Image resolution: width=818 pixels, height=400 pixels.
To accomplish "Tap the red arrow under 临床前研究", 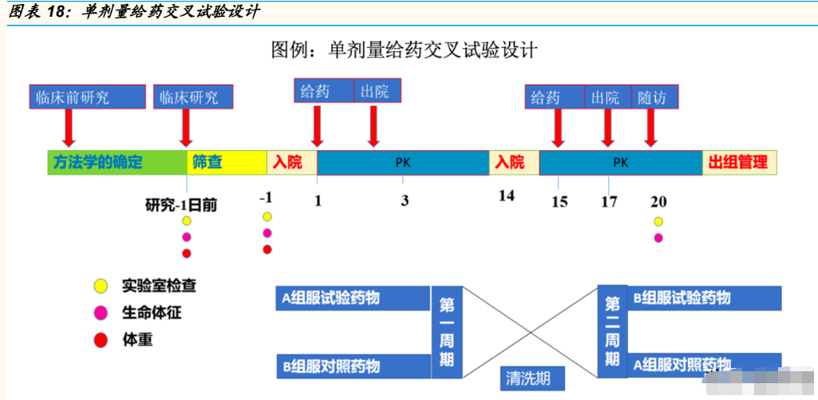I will tap(69, 126).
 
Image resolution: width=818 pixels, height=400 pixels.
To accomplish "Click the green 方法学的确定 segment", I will tap(117, 162).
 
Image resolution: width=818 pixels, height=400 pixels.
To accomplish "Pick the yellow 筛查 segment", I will tap(226, 162).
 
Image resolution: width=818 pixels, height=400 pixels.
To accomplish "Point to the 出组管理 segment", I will tap(739, 162).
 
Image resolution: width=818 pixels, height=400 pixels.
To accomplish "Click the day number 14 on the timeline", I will tap(507, 196).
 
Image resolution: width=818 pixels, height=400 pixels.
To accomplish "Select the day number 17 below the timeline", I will tap(609, 201).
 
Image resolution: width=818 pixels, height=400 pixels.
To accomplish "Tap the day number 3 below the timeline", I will tap(405, 200).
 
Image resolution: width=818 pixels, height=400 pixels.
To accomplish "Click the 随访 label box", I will tap(654, 97).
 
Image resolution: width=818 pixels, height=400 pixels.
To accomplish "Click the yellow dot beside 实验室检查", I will tap(101, 284).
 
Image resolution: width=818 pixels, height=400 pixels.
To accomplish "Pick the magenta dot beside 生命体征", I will tap(101, 312).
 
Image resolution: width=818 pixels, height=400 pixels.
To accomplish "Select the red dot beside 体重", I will tap(101, 340).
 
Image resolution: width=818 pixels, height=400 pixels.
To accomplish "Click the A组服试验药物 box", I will tap(352, 299).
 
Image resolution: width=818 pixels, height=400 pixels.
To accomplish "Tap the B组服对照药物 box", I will tap(352, 366).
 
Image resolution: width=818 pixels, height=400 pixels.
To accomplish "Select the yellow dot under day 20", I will tap(658, 221).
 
